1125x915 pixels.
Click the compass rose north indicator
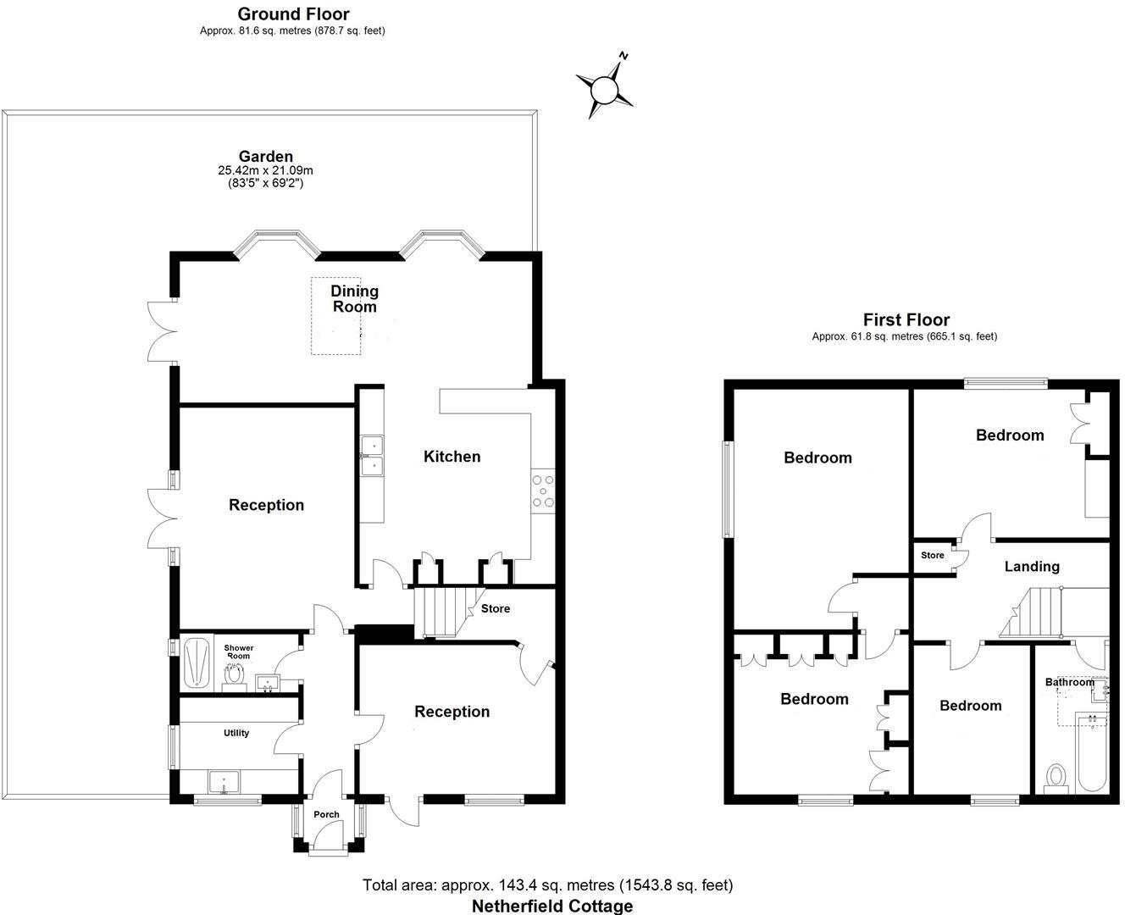tap(605, 87)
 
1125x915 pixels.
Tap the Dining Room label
tap(354, 298)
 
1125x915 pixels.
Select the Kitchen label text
tap(452, 457)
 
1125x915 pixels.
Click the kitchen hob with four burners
tap(543, 491)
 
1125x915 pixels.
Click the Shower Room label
tap(238, 652)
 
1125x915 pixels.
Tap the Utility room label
tap(236, 733)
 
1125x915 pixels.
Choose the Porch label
tap(326, 814)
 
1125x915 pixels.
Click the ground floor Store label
tap(496, 608)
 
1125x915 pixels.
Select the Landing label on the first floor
tap(1032, 567)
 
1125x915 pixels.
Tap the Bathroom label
tap(1069, 682)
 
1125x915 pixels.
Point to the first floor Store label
tap(932, 556)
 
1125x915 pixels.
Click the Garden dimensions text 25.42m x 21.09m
tap(265, 170)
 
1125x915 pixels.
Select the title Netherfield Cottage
tap(551, 906)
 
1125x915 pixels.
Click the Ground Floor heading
tap(293, 14)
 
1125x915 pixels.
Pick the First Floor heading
tap(906, 319)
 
